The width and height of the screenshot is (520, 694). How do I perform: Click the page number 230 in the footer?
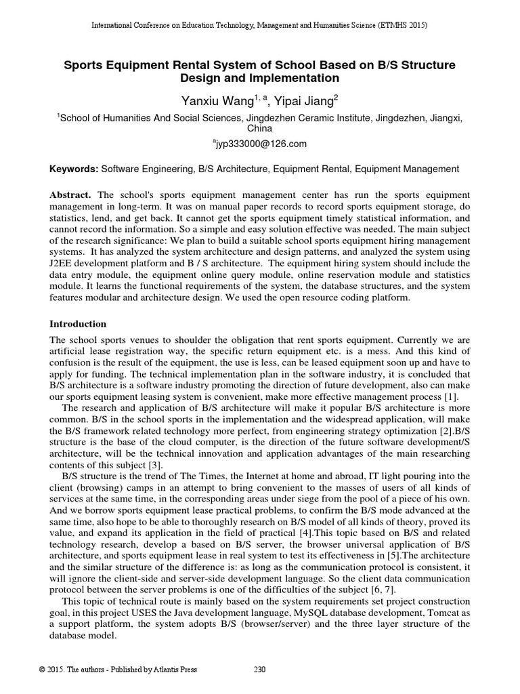(x=259, y=670)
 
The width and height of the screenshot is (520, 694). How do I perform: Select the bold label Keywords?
(x=74, y=169)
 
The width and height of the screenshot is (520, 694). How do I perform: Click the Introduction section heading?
(x=78, y=324)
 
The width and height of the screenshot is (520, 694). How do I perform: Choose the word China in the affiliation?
(x=259, y=127)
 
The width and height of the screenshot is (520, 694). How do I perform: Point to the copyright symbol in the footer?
(x=42, y=670)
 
